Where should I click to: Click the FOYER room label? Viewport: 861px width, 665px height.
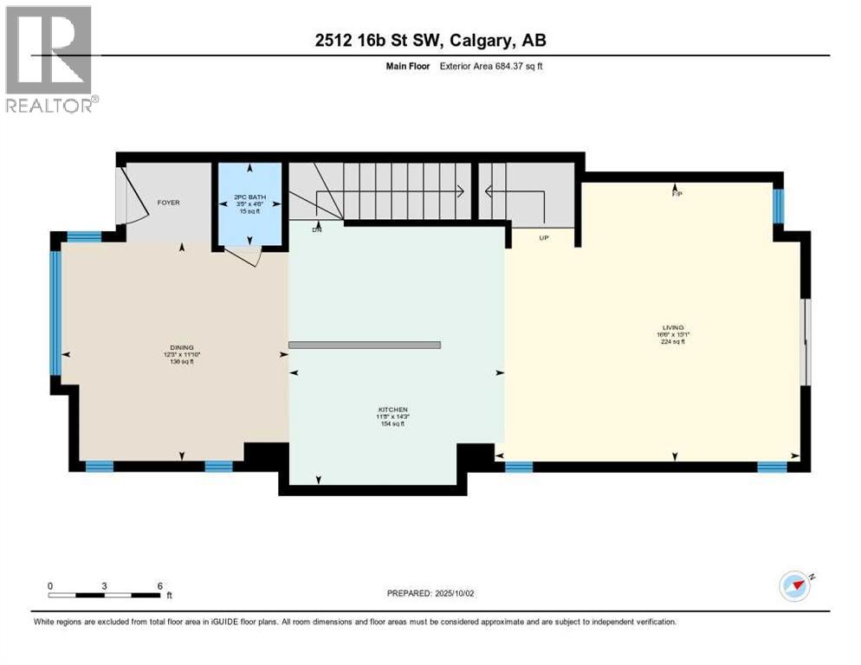[168, 203]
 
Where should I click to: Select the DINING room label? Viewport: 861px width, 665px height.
[181, 346]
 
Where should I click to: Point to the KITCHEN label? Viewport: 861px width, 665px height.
[392, 410]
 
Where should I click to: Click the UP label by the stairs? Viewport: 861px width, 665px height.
[544, 237]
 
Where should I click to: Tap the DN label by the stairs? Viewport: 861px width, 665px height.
[318, 230]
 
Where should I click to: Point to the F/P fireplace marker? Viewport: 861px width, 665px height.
[677, 194]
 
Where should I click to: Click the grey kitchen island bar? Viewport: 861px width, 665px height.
[364, 345]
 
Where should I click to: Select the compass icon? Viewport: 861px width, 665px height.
[794, 586]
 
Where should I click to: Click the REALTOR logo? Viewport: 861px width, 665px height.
[50, 59]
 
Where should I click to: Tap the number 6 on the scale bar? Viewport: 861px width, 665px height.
[159, 585]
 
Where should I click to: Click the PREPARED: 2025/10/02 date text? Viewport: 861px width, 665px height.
[430, 593]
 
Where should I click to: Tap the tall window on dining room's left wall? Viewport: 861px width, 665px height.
[55, 313]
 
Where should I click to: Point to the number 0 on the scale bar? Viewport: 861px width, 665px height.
[50, 585]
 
